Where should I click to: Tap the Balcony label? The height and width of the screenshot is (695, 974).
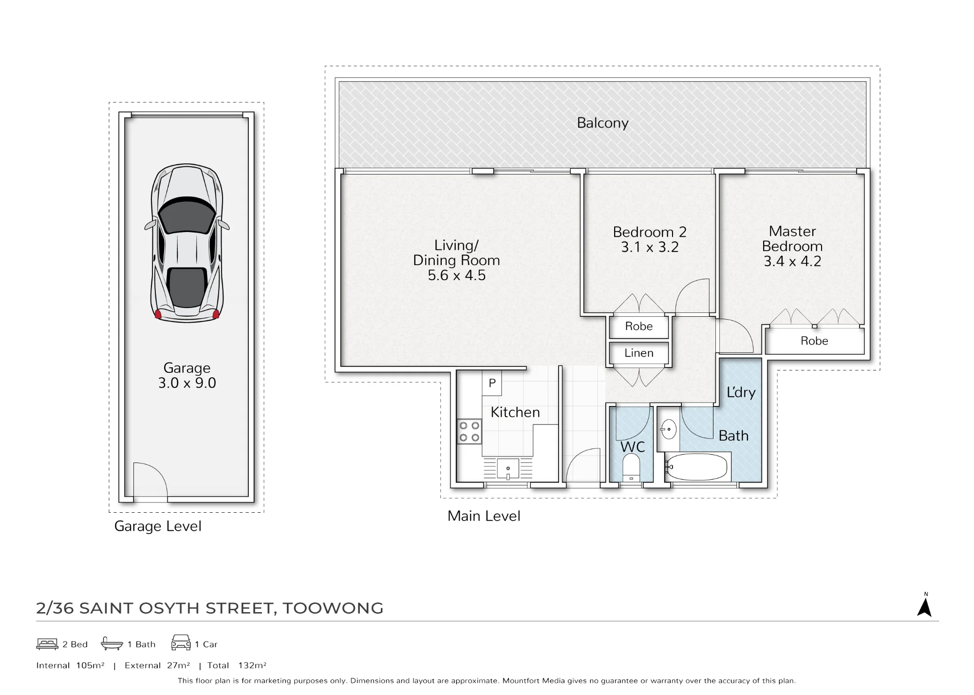[x=602, y=123]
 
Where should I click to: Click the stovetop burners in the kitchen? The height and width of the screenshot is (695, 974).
[x=469, y=432]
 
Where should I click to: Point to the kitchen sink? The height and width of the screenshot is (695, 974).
[x=508, y=468]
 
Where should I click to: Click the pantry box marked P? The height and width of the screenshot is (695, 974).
[x=492, y=383]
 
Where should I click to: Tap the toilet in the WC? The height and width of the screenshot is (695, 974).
[x=631, y=467]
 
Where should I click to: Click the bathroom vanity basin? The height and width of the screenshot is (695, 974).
[x=668, y=429]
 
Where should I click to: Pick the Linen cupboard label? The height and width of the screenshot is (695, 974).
[x=639, y=353]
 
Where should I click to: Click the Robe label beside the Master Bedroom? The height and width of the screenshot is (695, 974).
[x=814, y=341]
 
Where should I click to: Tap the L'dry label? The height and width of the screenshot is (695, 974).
[x=741, y=392]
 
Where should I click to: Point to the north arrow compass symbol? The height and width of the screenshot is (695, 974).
[x=924, y=606]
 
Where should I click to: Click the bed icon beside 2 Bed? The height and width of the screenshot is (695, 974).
[x=47, y=644]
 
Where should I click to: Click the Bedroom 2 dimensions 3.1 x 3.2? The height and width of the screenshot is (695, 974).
[x=650, y=248]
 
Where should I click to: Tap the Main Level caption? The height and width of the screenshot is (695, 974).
[x=484, y=516]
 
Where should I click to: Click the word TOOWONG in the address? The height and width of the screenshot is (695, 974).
[x=333, y=608]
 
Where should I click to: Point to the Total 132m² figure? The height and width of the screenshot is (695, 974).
[x=237, y=665]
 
